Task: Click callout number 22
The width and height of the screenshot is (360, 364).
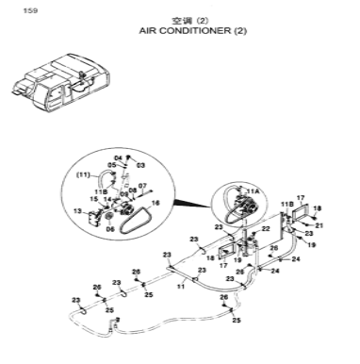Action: tap(267, 228)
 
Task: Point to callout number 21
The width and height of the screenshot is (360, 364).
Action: tap(319, 225)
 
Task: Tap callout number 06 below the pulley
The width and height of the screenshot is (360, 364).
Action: tap(110, 228)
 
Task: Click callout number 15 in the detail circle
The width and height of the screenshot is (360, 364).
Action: tap(93, 199)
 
